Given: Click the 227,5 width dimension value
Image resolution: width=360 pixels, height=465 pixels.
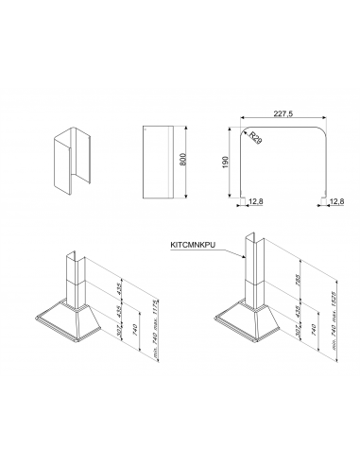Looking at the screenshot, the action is (283, 113).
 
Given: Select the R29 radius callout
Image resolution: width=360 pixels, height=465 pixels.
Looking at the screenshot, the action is (255, 138).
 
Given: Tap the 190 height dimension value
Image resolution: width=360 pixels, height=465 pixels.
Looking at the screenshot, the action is (225, 162).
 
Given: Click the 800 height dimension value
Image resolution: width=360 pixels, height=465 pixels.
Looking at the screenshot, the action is (182, 159).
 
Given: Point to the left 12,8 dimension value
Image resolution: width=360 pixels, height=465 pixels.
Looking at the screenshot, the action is (256, 201).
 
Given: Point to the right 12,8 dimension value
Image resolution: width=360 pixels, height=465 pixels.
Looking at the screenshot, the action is (337, 201).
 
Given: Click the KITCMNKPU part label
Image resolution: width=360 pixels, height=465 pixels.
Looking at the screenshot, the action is (193, 245).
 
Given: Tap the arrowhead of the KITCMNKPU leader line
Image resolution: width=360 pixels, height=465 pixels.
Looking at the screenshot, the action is (244, 257).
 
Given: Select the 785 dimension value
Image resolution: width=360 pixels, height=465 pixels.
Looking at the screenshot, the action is (298, 280).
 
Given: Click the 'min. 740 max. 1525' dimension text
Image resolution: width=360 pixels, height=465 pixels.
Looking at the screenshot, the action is (334, 320).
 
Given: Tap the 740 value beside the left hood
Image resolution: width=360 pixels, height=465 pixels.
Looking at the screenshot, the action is (135, 330).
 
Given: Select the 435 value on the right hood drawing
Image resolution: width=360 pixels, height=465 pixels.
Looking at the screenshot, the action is (298, 311).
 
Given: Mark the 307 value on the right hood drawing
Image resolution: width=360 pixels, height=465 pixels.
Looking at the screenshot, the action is (298, 331).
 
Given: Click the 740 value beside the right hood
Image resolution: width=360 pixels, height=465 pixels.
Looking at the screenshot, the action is (315, 329).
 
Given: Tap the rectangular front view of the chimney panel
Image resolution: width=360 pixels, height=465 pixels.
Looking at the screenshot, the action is (158, 163).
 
